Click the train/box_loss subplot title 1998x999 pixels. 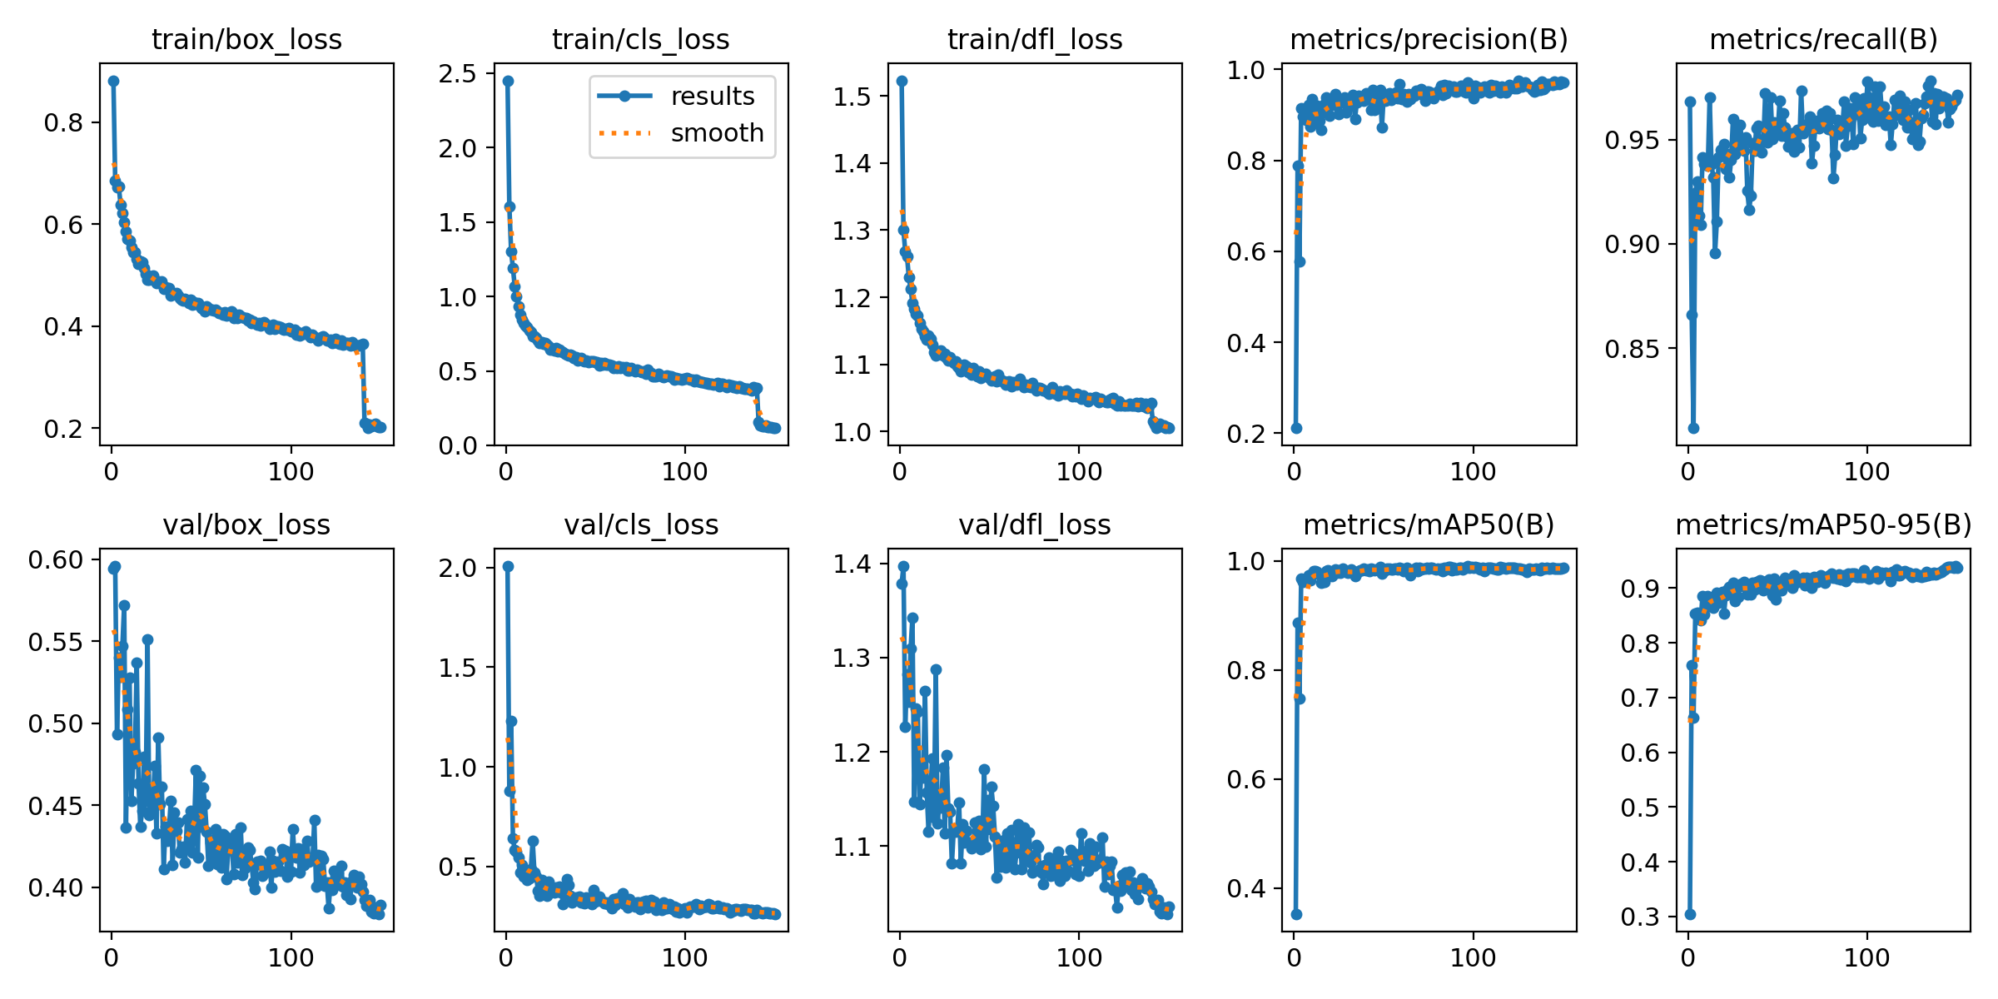pyautogui.click(x=246, y=39)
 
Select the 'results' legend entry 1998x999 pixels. pyautogui.click(x=712, y=97)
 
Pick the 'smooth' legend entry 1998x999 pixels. pyautogui.click(x=717, y=133)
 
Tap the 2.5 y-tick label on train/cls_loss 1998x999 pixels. pyautogui.click(x=459, y=73)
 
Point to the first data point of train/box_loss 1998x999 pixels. pyautogui.click(x=113, y=81)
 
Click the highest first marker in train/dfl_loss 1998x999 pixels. pyautogui.click(x=902, y=81)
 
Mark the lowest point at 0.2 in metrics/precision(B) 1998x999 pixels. pyautogui.click(x=1296, y=428)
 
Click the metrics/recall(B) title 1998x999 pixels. pyautogui.click(x=1823, y=39)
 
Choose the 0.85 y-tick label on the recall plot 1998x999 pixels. pyautogui.click(x=1632, y=349)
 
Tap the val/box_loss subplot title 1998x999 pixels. pyautogui.click(x=246, y=525)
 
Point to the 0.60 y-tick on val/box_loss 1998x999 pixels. pyautogui.click(x=57, y=559)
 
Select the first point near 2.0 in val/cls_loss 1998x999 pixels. pyautogui.click(x=508, y=566)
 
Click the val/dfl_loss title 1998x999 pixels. pyautogui.click(x=1035, y=525)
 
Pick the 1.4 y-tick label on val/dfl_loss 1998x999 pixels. pyautogui.click(x=852, y=564)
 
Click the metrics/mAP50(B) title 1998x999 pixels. pyautogui.click(x=1429, y=525)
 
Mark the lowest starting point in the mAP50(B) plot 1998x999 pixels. pyautogui.click(x=1296, y=914)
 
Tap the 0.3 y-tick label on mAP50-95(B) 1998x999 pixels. pyautogui.click(x=1640, y=917)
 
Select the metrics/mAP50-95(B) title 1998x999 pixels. pyautogui.click(x=1823, y=525)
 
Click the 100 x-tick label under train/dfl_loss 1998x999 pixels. pyautogui.click(x=1079, y=472)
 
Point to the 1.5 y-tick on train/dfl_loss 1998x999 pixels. pyautogui.click(x=852, y=97)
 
